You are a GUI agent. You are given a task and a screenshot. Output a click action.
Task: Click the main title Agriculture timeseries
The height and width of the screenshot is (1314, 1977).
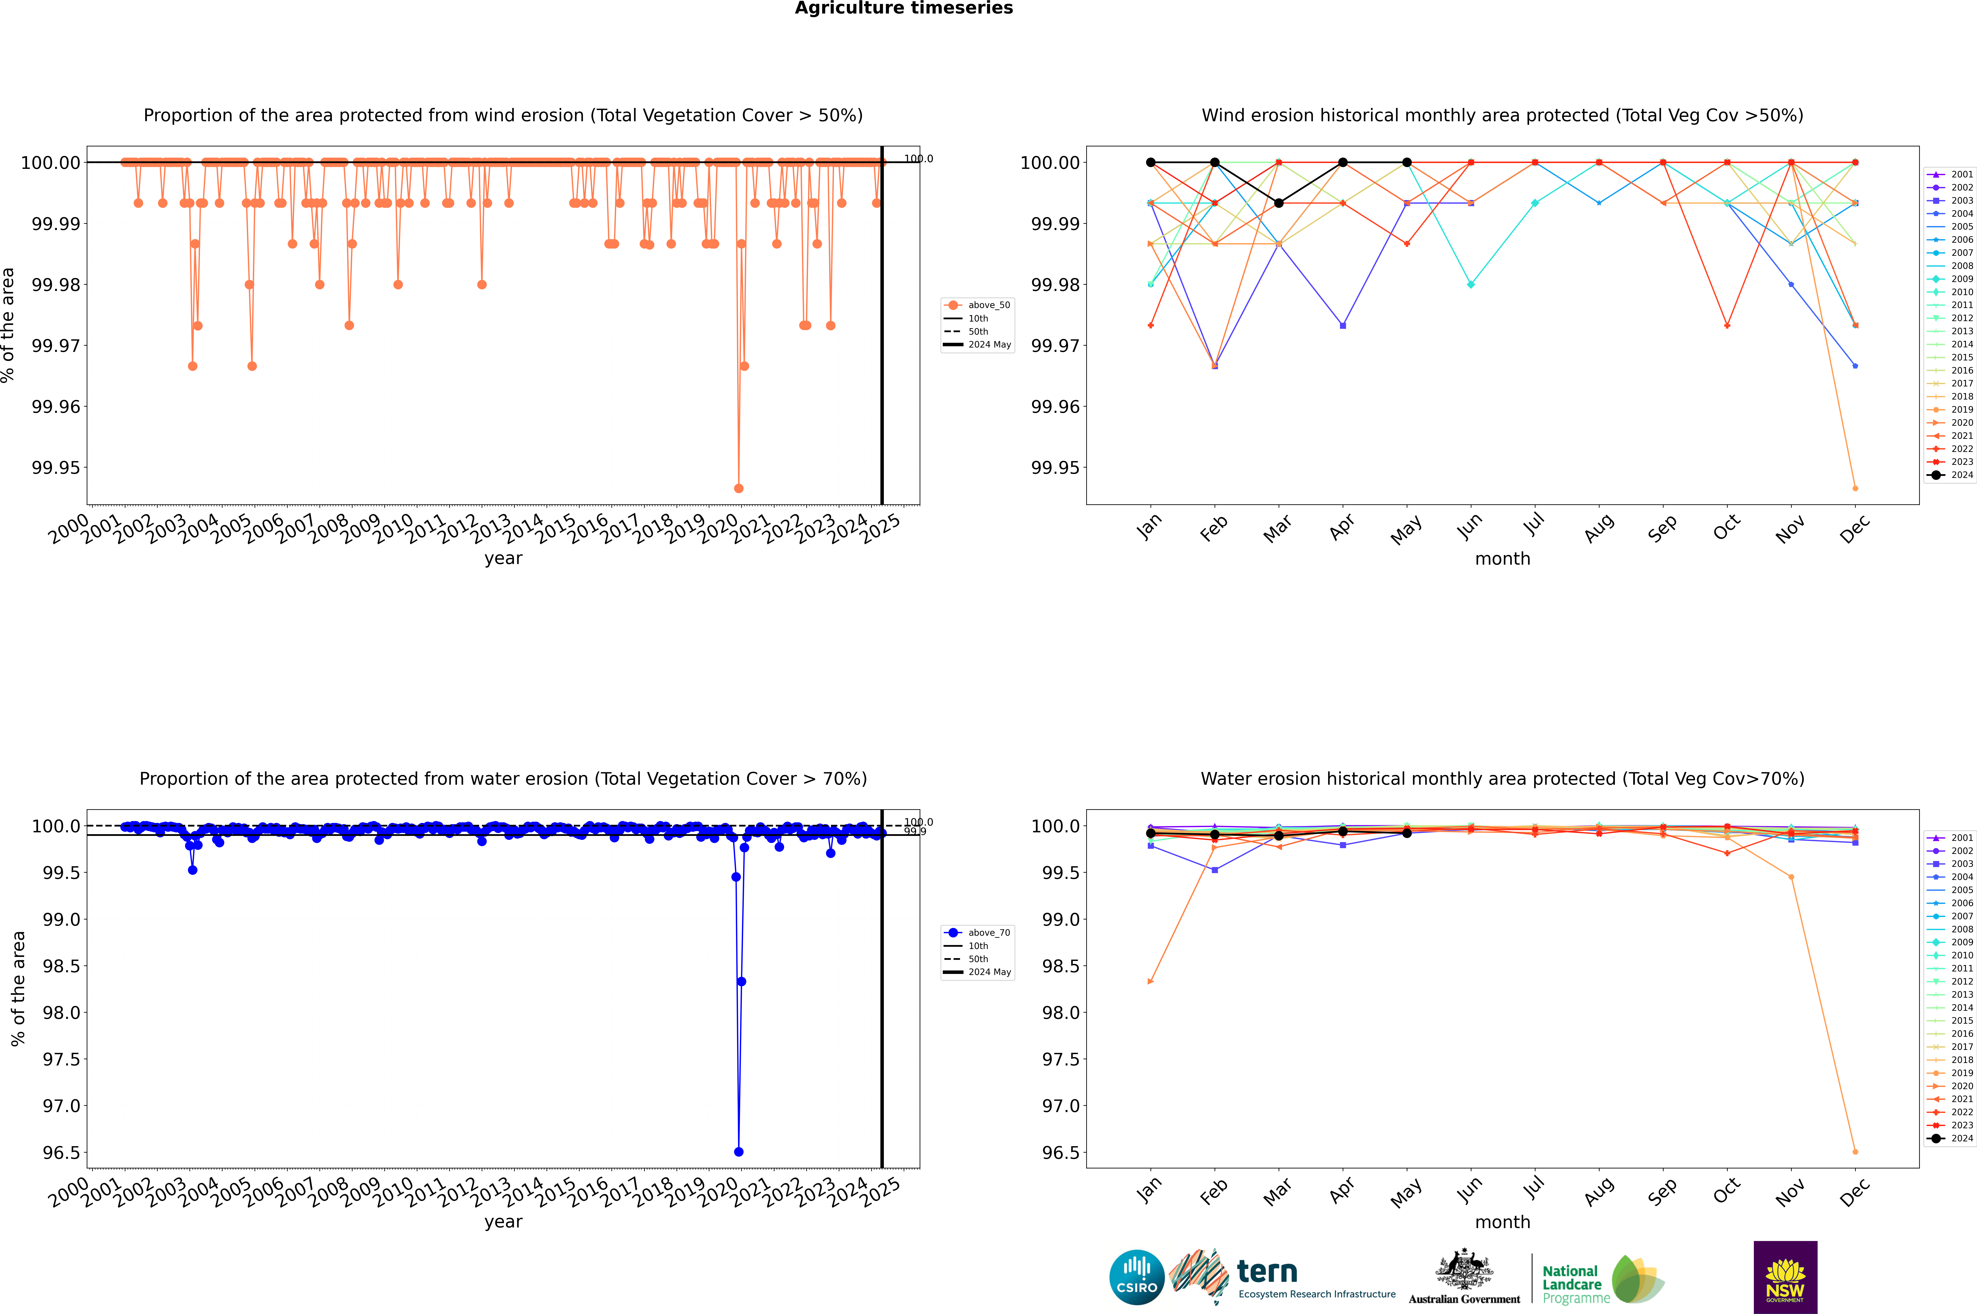903,8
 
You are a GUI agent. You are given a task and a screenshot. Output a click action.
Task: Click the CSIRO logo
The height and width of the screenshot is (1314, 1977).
1136,1277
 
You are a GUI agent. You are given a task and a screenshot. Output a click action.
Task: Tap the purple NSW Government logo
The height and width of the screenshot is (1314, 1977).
1785,1277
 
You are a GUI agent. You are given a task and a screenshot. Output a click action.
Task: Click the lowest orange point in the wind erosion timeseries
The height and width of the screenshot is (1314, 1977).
738,488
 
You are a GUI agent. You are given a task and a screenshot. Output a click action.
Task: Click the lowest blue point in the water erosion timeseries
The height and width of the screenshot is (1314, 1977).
738,1151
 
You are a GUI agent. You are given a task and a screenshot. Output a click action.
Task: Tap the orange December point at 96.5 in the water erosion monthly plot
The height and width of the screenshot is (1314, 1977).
1855,1151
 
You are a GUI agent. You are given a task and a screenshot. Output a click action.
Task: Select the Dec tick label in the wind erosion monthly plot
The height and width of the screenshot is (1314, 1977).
1855,529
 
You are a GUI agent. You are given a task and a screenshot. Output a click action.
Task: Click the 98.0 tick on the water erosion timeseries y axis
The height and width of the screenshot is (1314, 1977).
61,1012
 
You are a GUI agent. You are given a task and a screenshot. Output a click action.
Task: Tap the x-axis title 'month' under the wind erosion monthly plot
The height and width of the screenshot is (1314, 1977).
1502,559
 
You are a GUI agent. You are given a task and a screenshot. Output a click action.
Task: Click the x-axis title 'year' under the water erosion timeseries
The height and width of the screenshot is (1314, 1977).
503,1222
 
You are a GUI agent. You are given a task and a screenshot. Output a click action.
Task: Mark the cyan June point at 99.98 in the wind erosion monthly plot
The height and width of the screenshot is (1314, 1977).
1471,284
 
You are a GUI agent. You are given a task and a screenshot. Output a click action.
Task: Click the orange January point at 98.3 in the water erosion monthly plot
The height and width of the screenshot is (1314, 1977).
1151,981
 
